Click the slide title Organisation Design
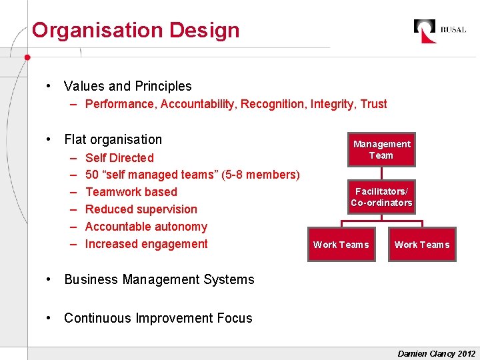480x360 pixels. coord(135,30)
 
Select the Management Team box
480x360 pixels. coord(381,149)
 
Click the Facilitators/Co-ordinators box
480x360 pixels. coord(381,197)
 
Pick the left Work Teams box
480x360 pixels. coord(341,245)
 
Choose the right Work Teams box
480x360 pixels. coord(422,245)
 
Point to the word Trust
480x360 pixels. coord(373,104)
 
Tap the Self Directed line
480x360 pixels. coord(119,158)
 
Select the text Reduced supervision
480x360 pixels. coord(141,209)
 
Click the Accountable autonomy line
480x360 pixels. coord(146,227)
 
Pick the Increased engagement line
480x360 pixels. coord(147,244)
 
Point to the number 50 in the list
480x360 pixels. coord(93,175)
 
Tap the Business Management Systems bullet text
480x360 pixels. coord(159,279)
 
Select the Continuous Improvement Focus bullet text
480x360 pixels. coord(158,318)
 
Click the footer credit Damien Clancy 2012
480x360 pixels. coord(436,353)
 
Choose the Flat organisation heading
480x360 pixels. coord(113,139)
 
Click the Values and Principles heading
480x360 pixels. coord(127,86)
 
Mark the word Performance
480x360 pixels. coord(119,104)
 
